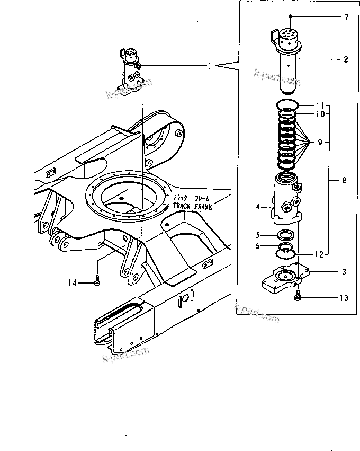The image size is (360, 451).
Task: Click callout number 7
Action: [346, 17]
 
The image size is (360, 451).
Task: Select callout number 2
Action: [346, 59]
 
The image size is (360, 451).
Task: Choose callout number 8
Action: [345, 181]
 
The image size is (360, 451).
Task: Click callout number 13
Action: [344, 298]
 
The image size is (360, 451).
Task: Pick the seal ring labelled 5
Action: [286, 235]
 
